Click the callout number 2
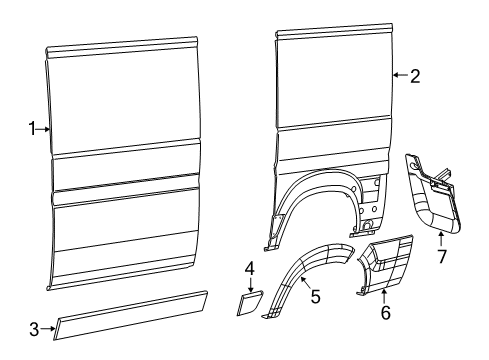(415, 74)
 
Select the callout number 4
(250, 268)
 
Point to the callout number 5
(315, 296)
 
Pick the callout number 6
(385, 312)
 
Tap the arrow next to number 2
(400, 74)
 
